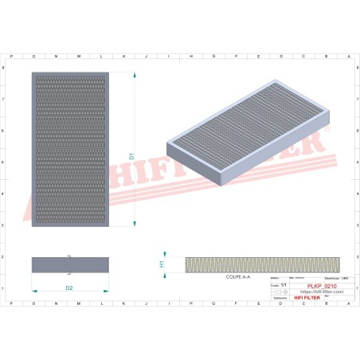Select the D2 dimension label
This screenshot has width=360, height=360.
[69, 288]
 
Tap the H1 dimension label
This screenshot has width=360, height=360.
[162, 264]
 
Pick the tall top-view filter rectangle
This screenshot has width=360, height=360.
[70, 150]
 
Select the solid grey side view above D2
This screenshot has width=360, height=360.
[69, 264]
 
